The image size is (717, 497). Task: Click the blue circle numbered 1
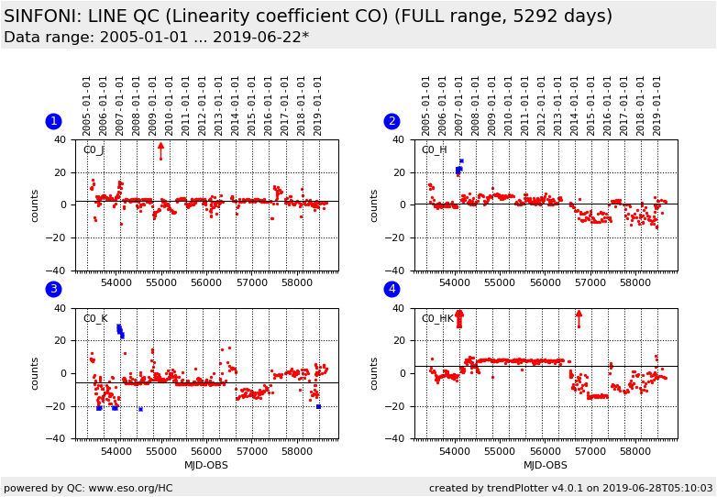pyautogui.click(x=53, y=121)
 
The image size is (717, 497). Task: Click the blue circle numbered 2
pyautogui.click(x=392, y=121)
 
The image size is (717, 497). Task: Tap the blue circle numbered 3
pyautogui.click(x=53, y=290)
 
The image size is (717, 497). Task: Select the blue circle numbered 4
pyautogui.click(x=392, y=290)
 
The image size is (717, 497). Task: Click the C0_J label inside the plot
pyautogui.click(x=94, y=150)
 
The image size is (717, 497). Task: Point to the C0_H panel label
pyautogui.click(x=434, y=150)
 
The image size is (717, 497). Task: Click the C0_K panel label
pyautogui.click(x=94, y=319)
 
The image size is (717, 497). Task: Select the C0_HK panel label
pyautogui.click(x=436, y=319)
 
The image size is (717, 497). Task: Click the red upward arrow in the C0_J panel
pyautogui.click(x=160, y=147)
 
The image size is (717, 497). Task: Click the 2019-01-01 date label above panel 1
pyautogui.click(x=318, y=105)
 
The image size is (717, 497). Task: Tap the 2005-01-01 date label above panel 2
pyautogui.click(x=426, y=105)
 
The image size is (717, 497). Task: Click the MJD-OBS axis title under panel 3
pyautogui.click(x=206, y=466)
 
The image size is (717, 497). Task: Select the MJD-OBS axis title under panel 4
pyautogui.click(x=546, y=466)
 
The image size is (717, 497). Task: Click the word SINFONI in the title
pyautogui.click(x=40, y=17)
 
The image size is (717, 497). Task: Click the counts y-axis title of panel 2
pyautogui.click(x=374, y=205)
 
